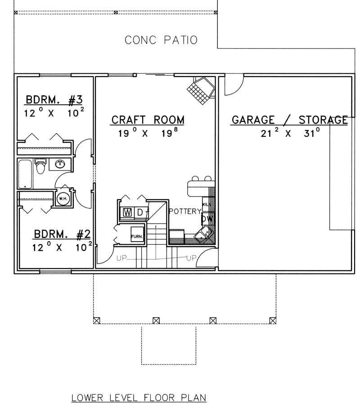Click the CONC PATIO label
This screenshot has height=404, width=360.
point(161,40)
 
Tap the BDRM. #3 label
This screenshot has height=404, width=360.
point(54,99)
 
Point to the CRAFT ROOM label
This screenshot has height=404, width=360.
point(148,120)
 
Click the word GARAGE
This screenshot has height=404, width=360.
point(252,120)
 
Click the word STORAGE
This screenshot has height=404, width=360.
point(323,120)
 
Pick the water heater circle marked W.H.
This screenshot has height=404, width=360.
point(62,198)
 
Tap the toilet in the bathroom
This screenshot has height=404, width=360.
point(41,166)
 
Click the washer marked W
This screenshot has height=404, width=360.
point(127,212)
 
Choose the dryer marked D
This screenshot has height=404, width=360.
point(140,212)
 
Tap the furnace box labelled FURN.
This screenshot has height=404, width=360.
point(137,236)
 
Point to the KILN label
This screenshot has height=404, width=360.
point(206,204)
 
